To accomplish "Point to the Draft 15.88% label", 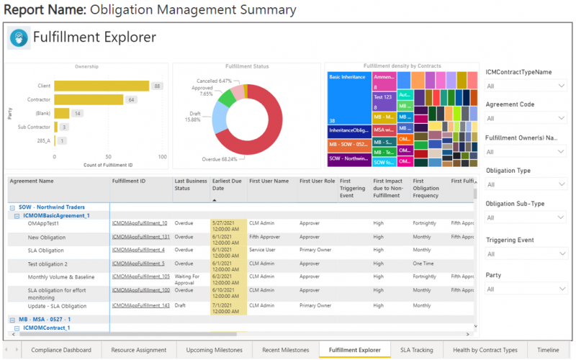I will (192, 117).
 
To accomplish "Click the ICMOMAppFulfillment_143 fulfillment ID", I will (140, 306).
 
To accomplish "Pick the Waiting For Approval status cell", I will (190, 278).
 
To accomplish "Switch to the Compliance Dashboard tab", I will (60, 350).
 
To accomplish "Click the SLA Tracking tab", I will (417, 350).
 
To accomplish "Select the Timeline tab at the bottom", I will (547, 350).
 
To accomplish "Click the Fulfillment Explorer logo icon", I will (19, 38).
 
